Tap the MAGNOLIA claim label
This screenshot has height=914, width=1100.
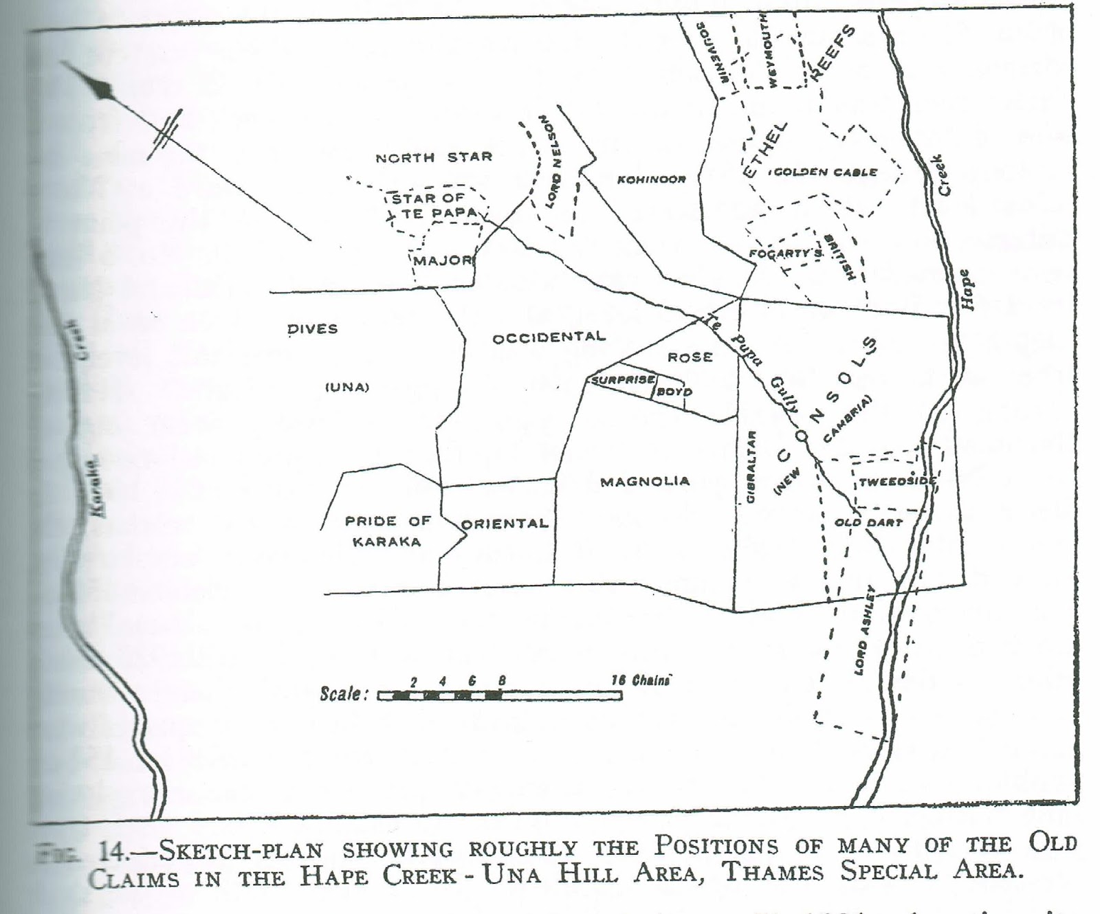[x=645, y=482]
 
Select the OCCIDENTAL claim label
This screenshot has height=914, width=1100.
[x=549, y=337]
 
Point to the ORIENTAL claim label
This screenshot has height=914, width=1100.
[x=505, y=524]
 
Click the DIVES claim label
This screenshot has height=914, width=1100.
[x=313, y=329]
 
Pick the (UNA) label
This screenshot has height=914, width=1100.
[x=347, y=387]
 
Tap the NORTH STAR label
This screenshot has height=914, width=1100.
[x=434, y=157]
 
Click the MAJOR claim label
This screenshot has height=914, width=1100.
[x=443, y=260]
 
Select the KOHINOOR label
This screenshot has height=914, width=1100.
[x=651, y=179]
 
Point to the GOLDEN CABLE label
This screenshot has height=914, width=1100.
[x=825, y=172]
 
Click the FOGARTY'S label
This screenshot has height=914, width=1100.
[x=785, y=254]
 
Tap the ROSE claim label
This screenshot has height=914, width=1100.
[x=690, y=357]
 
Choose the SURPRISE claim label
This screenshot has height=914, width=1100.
[x=621, y=379]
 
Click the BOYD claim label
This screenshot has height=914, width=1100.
[x=674, y=392]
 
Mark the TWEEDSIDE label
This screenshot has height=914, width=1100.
[x=897, y=481]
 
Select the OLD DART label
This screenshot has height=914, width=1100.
[x=868, y=522]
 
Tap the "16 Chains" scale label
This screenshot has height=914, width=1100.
[x=640, y=680]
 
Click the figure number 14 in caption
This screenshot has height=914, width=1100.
[x=112, y=852]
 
